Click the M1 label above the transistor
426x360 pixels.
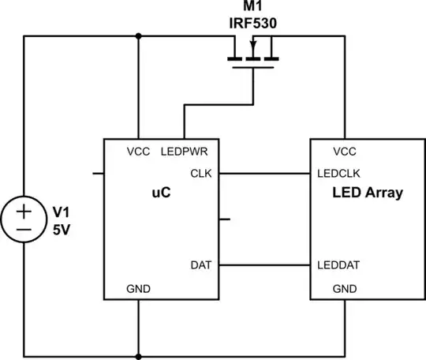tap(252, 8)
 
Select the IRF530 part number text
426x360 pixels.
tap(252, 24)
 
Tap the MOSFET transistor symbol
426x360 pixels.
tap(252, 61)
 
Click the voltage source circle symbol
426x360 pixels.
tap(24, 220)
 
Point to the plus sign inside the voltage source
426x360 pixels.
tap(24, 211)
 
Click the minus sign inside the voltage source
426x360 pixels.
tap(24, 230)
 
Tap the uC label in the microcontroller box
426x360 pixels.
tap(161, 192)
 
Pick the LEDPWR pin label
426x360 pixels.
tap(184, 152)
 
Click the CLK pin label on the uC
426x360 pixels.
tap(200, 172)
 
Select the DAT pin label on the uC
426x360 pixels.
tap(200, 265)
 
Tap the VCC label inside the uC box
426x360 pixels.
tap(138, 152)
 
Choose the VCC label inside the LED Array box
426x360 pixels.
tap(345, 152)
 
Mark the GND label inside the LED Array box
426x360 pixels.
tap(345, 289)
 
